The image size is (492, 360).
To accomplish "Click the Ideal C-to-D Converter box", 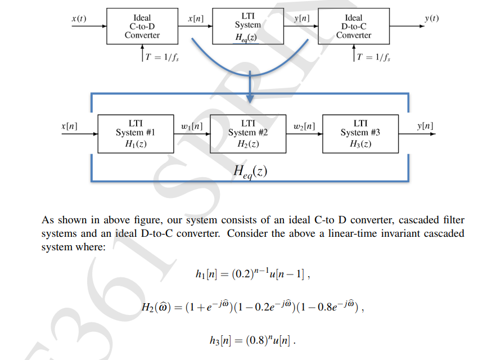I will pyautogui.click(x=142, y=26).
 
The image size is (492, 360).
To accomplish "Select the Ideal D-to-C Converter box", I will pyautogui.click(x=354, y=26).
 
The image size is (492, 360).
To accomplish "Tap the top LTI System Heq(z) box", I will pyautogui.click(x=247, y=26).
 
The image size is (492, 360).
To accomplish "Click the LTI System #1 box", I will pyautogui.click(x=135, y=133).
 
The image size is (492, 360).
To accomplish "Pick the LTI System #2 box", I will pyautogui.click(x=247, y=133).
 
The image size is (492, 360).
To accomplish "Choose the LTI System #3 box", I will pyautogui.click(x=360, y=133).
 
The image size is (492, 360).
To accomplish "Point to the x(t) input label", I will pyautogui.click(x=79, y=18).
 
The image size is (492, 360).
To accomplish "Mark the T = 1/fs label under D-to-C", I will pyautogui.click(x=374, y=57).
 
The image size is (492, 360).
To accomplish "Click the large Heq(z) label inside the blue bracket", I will pyautogui.click(x=250, y=170).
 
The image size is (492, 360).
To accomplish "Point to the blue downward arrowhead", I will pyautogui.click(x=250, y=98).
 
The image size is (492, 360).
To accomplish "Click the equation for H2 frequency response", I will pyautogui.click(x=253, y=307).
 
